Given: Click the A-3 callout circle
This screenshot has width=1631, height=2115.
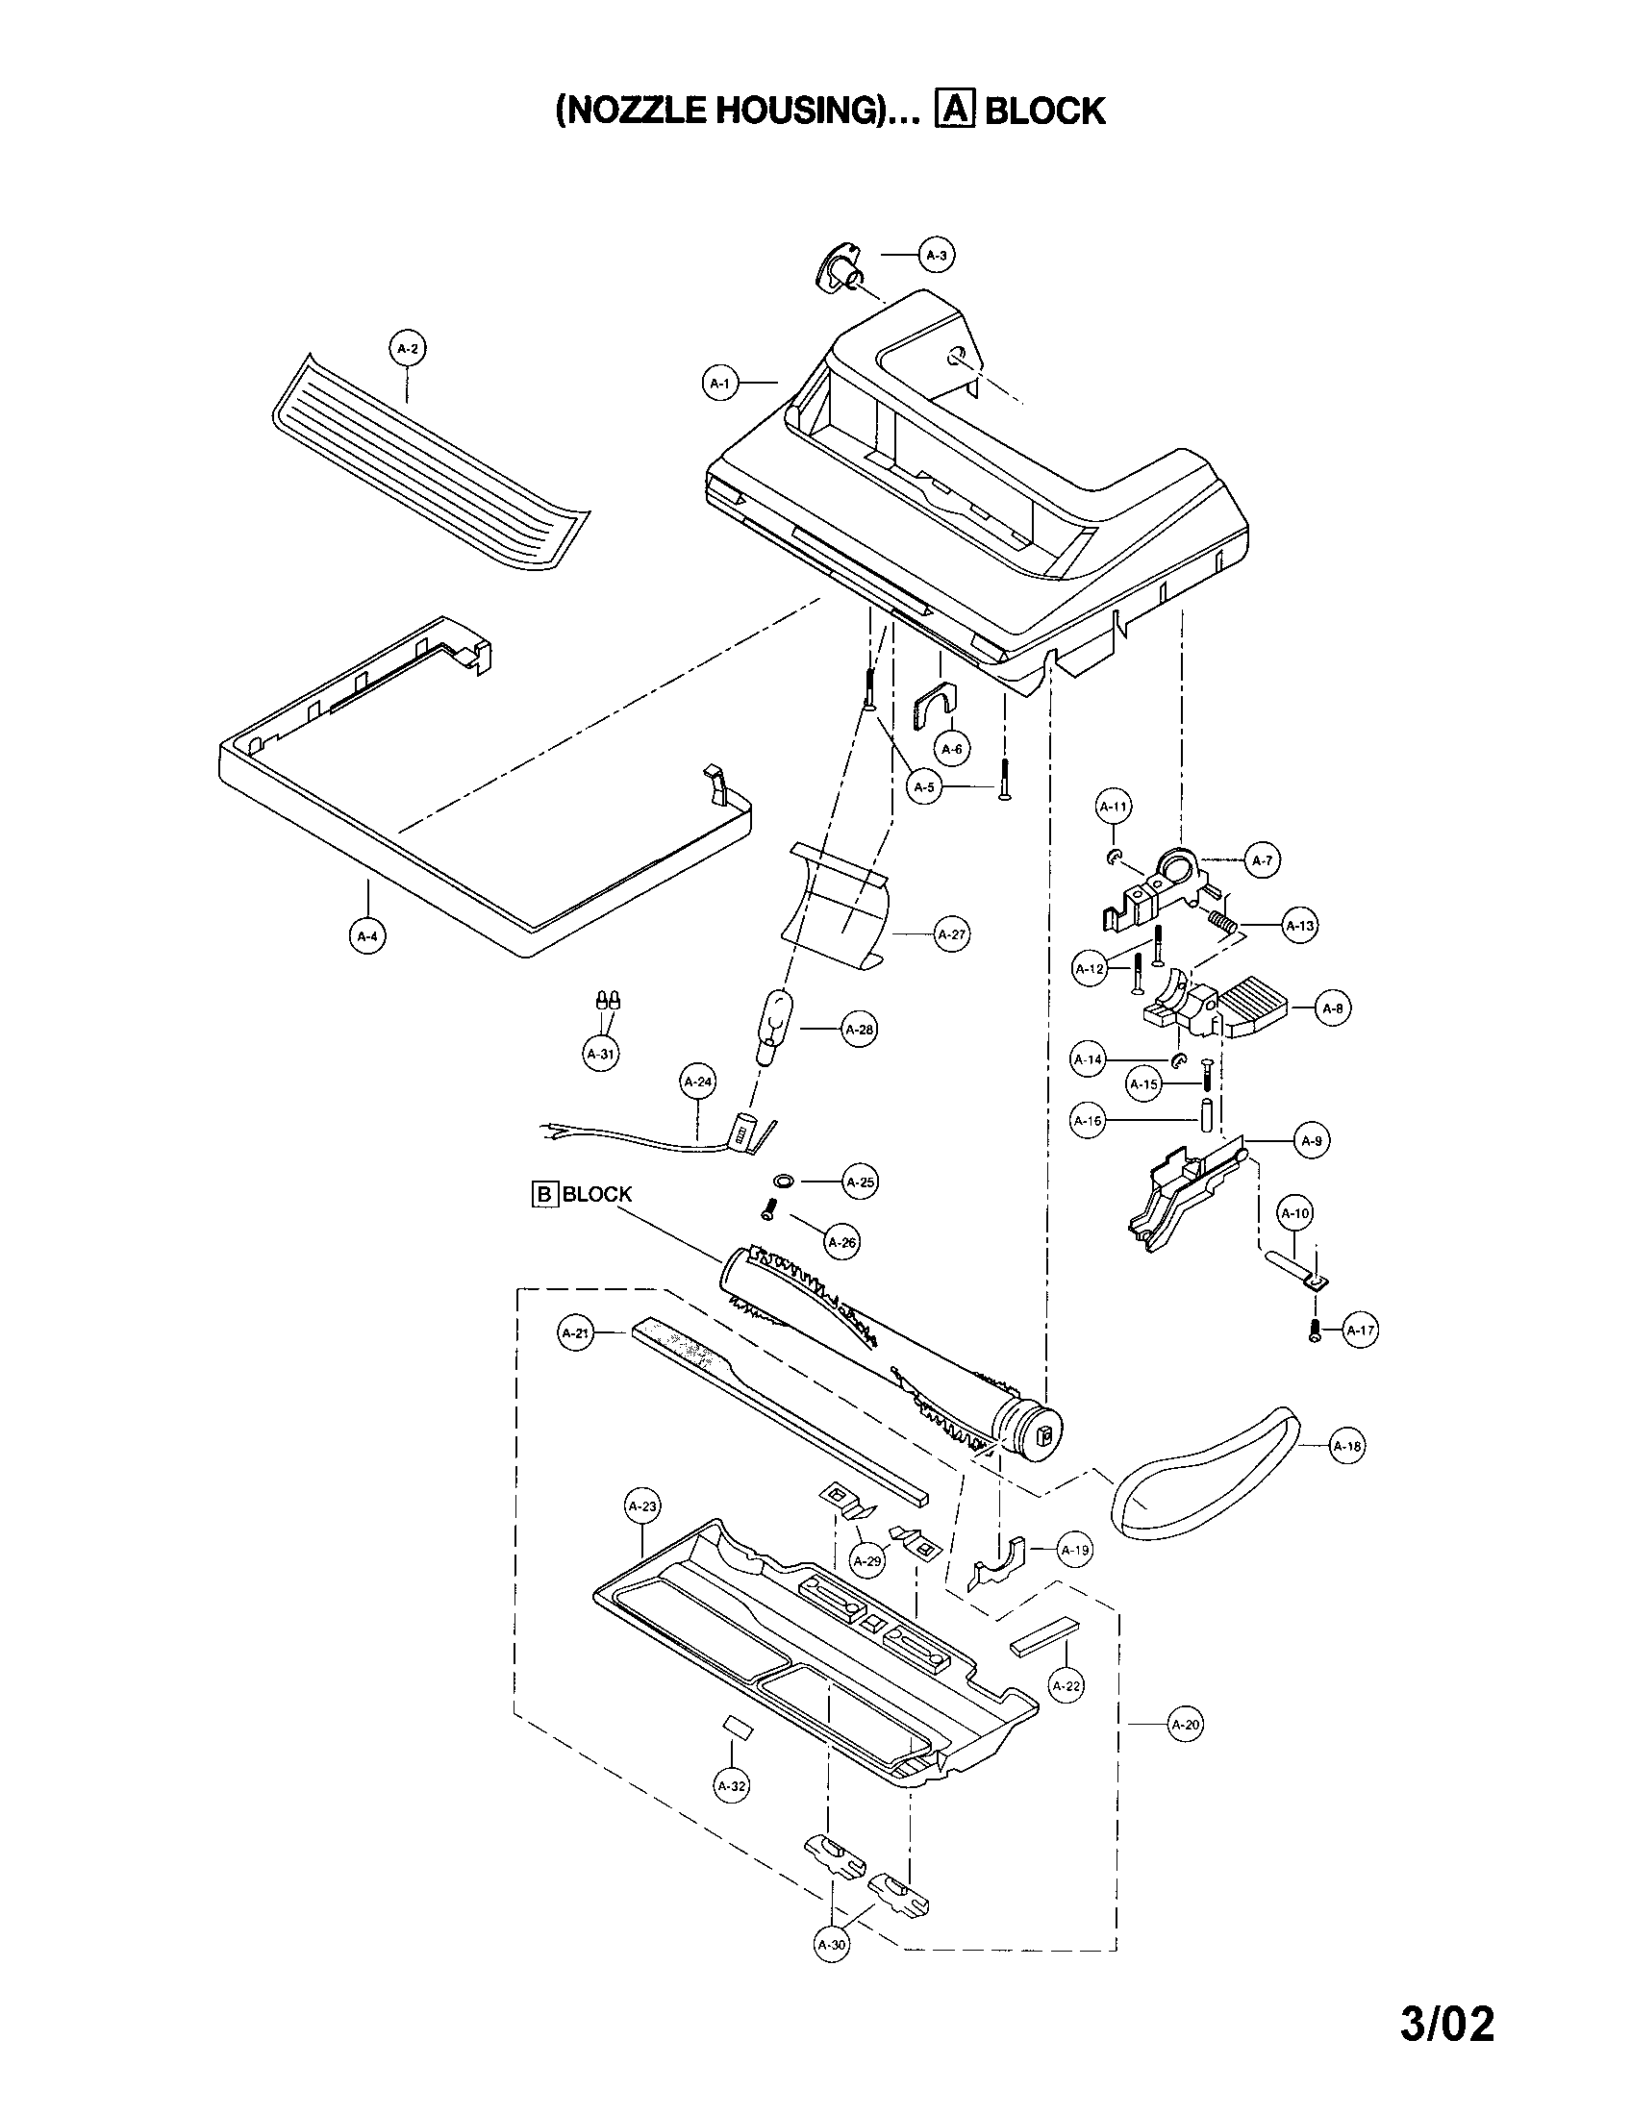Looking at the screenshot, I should point(936,256).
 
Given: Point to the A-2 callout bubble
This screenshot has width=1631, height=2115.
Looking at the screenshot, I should point(408,349).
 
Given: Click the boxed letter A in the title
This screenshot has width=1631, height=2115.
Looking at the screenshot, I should point(953,110).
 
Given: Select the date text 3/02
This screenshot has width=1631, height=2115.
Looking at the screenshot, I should point(1446,2023).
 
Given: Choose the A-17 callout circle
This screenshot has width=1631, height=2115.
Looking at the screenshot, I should point(1361,1331).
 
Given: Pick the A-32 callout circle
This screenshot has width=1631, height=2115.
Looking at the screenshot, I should point(731,1786).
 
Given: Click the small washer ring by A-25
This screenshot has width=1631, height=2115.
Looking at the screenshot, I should point(784,1182).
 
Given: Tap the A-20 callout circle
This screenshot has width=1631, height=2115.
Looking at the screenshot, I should point(1186,1725).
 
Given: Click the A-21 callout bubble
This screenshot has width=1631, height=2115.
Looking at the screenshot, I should point(576,1333).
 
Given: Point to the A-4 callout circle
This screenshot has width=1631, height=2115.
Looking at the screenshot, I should point(367,936).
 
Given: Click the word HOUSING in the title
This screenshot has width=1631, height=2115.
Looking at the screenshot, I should point(795,111).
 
